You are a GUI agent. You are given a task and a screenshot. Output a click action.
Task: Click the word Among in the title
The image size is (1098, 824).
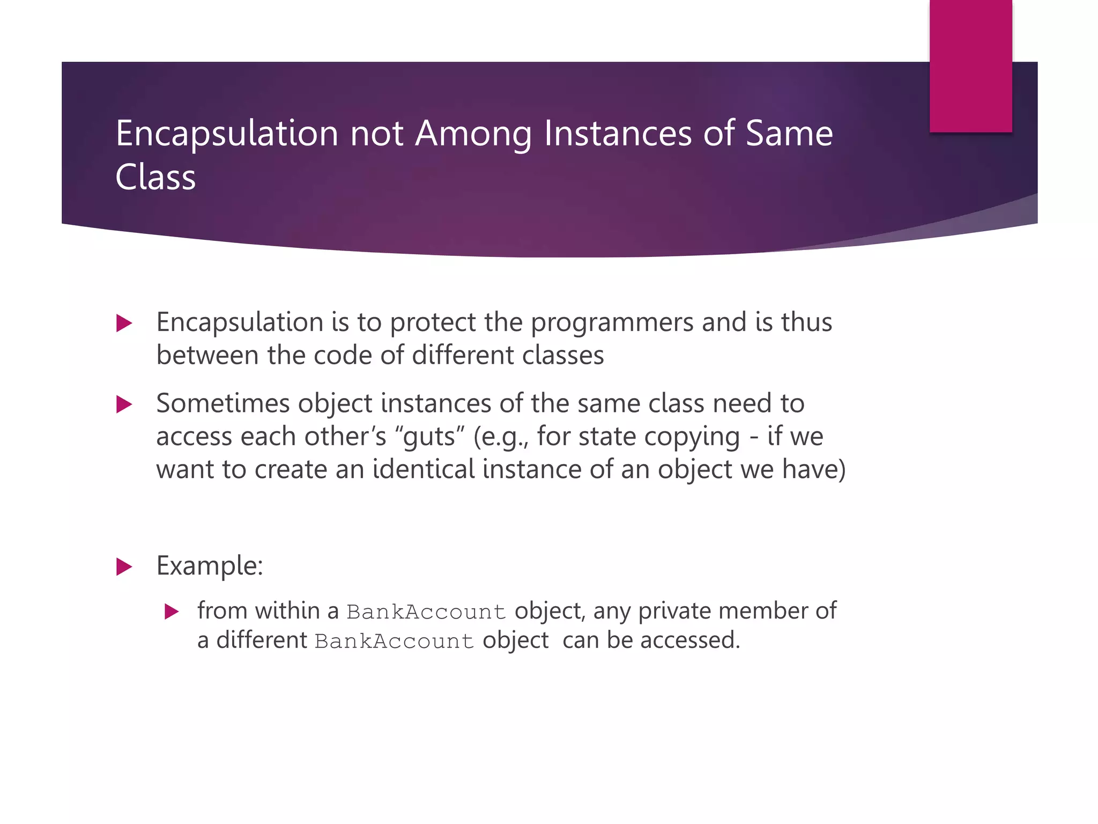click(x=473, y=134)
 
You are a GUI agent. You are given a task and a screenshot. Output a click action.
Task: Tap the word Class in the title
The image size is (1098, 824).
click(x=155, y=178)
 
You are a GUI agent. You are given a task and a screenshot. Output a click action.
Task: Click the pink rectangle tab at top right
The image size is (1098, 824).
click(x=970, y=65)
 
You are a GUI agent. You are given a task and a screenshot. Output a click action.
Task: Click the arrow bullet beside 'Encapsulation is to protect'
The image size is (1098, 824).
click(x=124, y=323)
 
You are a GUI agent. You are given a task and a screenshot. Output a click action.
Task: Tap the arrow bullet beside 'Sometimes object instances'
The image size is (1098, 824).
click(x=124, y=404)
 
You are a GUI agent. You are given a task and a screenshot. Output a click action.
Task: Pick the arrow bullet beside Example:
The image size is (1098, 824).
click(x=124, y=566)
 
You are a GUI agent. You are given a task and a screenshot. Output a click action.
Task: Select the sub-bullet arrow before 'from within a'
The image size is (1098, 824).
click(x=171, y=612)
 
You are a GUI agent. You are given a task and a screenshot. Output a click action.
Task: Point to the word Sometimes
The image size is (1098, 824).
click(x=223, y=403)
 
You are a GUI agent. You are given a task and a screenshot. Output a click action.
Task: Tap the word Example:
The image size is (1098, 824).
click(x=210, y=566)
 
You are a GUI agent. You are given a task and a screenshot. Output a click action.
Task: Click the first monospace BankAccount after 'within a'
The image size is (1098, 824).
click(x=426, y=612)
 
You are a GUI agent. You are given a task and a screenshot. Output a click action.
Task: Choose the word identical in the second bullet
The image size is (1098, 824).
click(x=424, y=469)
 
